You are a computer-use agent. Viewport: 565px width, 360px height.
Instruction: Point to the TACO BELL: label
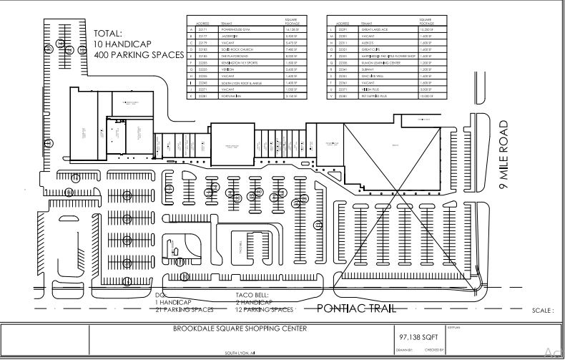(x=251, y=295)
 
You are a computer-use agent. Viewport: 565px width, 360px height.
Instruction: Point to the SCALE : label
(x=543, y=311)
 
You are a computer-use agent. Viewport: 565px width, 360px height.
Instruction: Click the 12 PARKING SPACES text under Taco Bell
(x=264, y=310)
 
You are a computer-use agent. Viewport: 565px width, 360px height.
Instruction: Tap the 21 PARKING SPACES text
(x=185, y=310)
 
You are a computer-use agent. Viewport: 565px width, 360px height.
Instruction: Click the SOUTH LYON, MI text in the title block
(x=240, y=353)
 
